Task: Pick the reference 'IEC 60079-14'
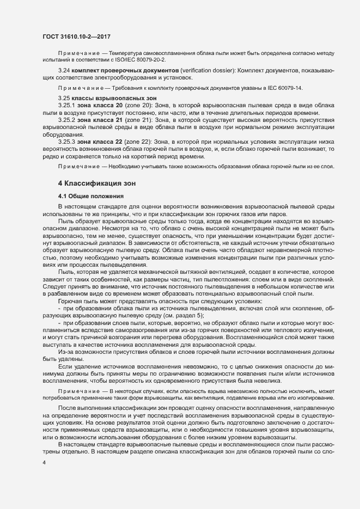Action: pos(284,88)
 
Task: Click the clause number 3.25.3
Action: pos(66,142)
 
